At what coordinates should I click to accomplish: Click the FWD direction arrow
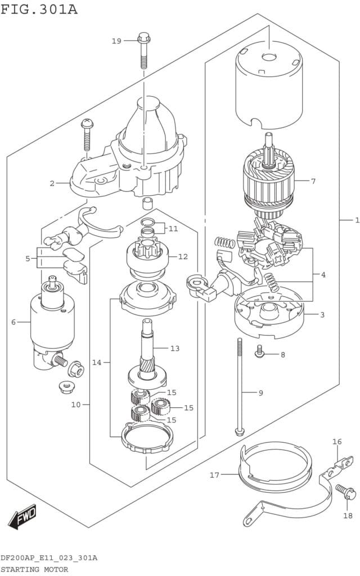click(22, 516)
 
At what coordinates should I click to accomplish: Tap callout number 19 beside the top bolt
click(116, 40)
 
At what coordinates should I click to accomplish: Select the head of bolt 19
click(143, 38)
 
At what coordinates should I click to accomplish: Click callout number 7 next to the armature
click(313, 181)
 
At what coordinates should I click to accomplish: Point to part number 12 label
click(183, 256)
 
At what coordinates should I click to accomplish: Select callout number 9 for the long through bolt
click(261, 393)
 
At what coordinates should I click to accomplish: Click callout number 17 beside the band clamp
click(214, 475)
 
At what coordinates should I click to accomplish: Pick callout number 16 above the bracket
click(337, 442)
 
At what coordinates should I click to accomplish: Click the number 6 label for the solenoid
click(13, 322)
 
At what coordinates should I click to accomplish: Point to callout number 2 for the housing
click(52, 183)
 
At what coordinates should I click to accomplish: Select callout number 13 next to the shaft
click(175, 348)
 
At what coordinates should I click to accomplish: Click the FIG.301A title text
click(39, 9)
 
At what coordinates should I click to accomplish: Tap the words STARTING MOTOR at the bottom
click(34, 569)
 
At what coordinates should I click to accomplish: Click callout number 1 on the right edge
click(357, 220)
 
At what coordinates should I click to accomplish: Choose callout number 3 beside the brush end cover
click(322, 315)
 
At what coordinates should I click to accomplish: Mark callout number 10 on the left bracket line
click(76, 404)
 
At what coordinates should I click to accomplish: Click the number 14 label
click(97, 363)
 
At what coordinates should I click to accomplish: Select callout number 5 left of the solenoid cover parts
click(28, 259)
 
